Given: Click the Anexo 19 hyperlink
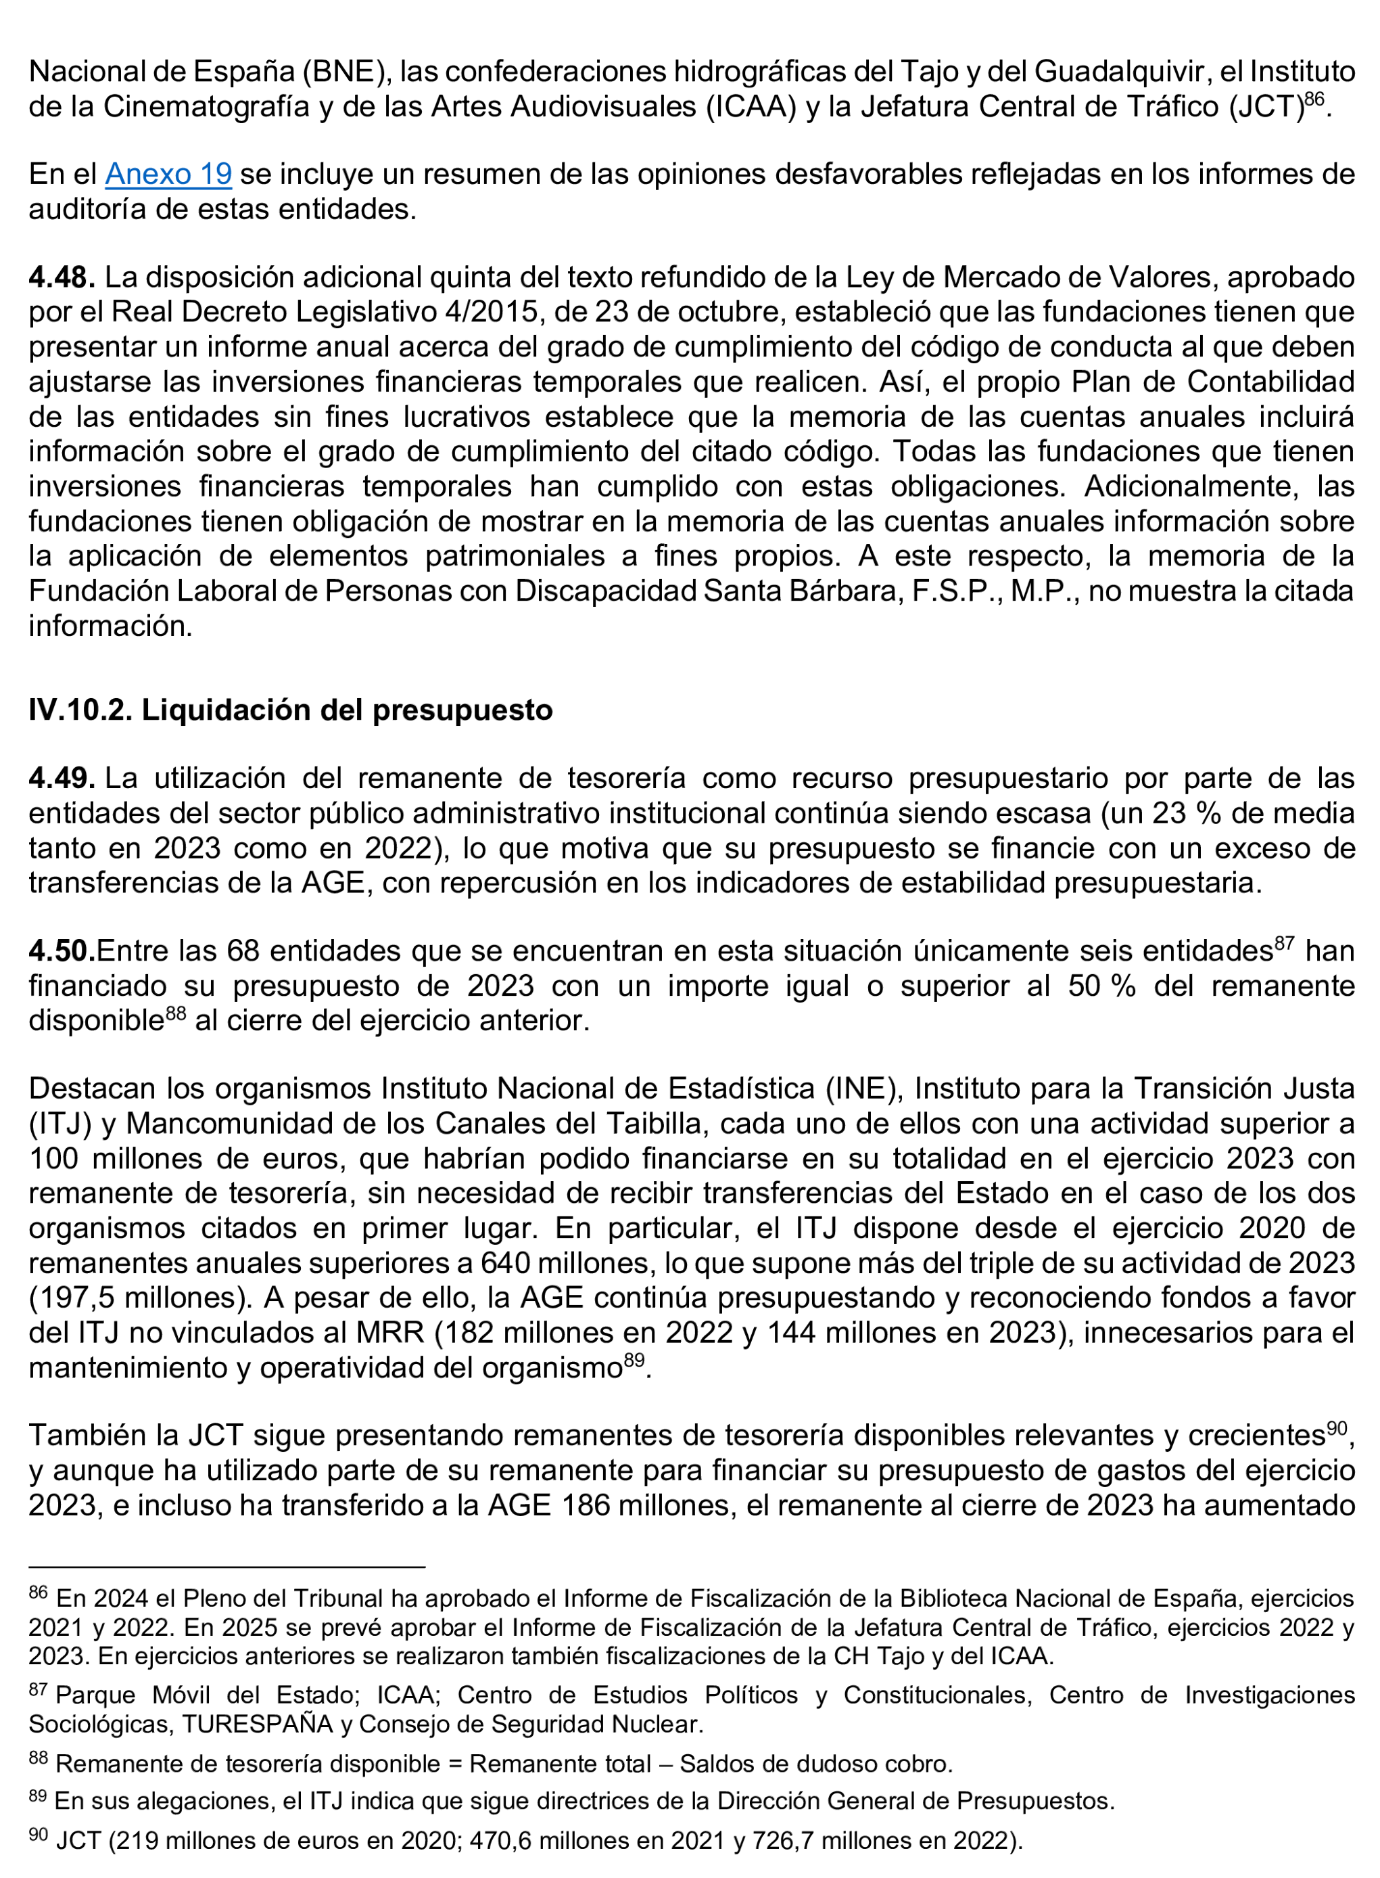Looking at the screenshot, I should tap(168, 174).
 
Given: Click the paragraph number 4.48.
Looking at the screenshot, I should tap(62, 277).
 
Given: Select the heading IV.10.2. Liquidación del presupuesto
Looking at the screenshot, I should tap(291, 710).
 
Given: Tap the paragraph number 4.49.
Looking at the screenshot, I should tap(61, 778).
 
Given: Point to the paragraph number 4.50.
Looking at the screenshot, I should tap(62, 951).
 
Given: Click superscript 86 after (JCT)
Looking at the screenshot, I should tap(1314, 99).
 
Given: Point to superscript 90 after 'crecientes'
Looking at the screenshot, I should tap(1337, 1428).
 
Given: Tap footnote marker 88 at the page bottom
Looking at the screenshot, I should tap(39, 1758).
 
